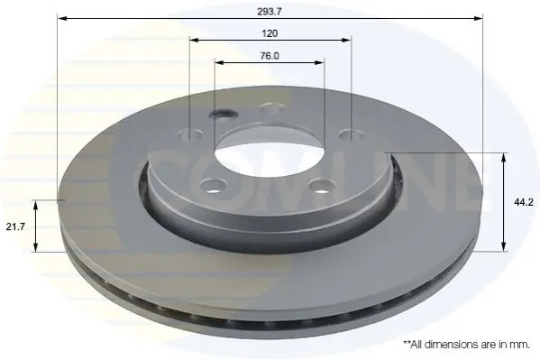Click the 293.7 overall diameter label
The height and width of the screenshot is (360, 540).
tap(270, 12)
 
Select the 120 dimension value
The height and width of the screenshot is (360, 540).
tap(270, 33)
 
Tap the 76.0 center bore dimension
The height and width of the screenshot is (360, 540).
tap(270, 56)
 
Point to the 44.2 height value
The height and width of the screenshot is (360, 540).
tap(524, 202)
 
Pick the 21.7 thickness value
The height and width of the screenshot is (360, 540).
tap(15, 226)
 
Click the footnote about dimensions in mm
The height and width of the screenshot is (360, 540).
tap(466, 344)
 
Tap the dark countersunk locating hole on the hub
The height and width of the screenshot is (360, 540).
tap(224, 115)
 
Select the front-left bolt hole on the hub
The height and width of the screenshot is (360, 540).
tap(213, 186)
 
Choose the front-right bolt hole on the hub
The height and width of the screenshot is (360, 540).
tap(323, 187)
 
